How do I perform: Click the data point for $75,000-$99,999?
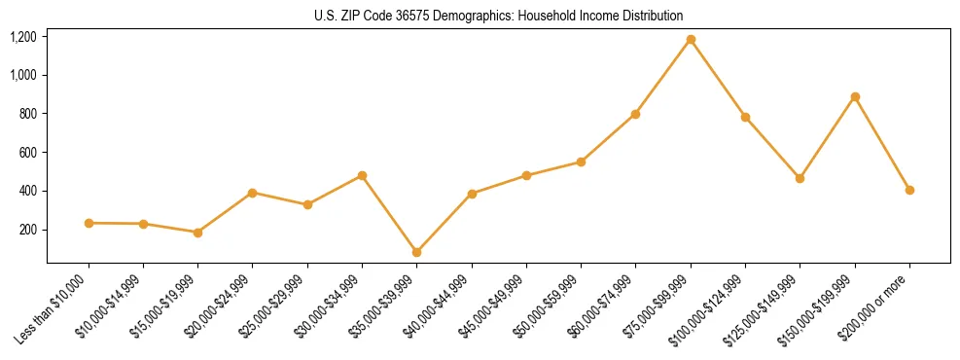pos(691,40)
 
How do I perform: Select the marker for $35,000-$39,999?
pos(417,252)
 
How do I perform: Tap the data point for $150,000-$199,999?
pos(855,97)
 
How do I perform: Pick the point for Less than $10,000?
pos(89,223)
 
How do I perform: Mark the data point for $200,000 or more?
pos(909,190)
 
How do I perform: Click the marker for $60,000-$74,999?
pos(636,114)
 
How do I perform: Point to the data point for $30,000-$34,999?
pos(363,175)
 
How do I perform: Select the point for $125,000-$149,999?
pos(800,178)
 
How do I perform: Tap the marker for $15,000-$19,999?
pos(198,233)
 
